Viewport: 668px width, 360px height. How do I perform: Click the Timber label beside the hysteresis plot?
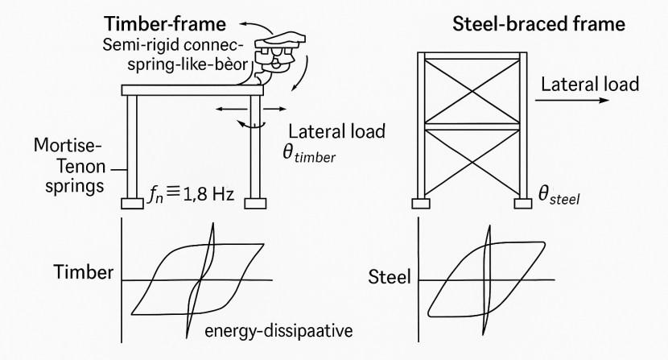coord(85,271)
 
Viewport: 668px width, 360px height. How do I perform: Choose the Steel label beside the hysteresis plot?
coord(389,279)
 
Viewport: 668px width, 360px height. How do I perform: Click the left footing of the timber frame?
coord(133,203)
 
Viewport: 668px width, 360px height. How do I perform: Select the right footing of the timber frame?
coord(254,203)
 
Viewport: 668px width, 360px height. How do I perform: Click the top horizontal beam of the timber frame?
coord(193,90)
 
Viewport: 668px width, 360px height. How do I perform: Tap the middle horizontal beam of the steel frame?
coord(471,127)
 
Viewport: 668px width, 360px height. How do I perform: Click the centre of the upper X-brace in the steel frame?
coord(471,90)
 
